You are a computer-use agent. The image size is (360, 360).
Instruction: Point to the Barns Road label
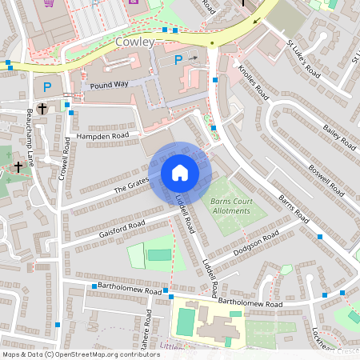294,206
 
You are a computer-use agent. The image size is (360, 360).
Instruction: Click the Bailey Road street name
338,131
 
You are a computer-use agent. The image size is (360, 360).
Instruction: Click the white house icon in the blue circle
179,172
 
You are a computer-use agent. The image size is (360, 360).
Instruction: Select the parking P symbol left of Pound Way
47,86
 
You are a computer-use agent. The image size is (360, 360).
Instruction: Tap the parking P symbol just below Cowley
178,60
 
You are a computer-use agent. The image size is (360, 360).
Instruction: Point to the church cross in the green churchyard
18,167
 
